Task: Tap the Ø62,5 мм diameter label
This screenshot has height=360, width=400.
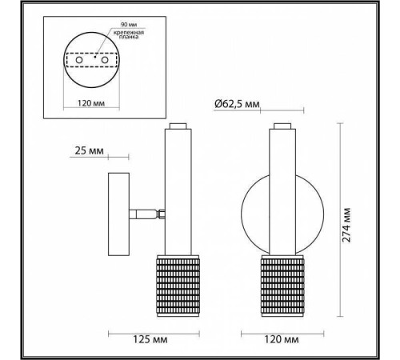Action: pos(238,103)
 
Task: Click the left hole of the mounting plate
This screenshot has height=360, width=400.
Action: pos(82,60)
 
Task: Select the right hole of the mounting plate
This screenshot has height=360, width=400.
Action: pos(105,60)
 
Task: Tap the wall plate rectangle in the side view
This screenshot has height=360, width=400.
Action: pos(118,214)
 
